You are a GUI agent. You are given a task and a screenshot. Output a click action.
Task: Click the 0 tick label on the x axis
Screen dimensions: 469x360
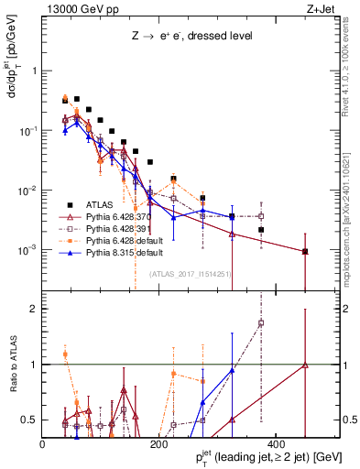coord(43,444)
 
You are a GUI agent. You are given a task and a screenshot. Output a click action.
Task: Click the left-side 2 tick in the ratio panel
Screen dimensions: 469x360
coord(35,309)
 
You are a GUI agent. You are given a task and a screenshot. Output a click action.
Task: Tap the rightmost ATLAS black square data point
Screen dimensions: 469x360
coord(304,251)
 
